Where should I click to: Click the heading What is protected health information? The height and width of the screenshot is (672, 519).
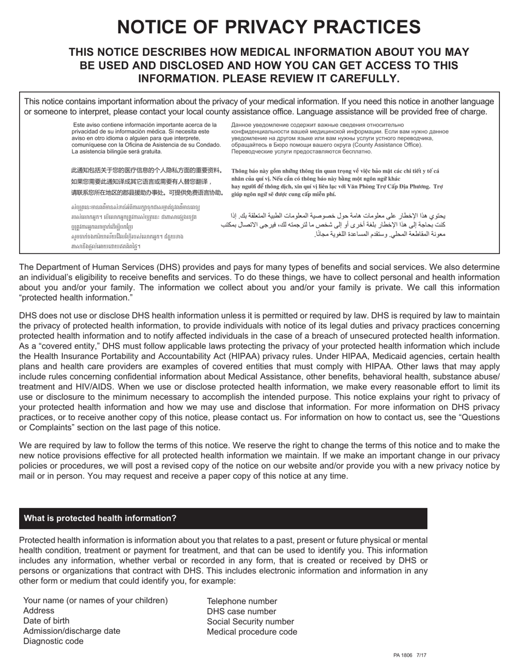(x=100, y=518)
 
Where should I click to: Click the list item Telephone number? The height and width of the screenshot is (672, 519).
(x=242, y=601)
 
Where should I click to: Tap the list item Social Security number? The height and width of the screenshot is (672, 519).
(x=250, y=622)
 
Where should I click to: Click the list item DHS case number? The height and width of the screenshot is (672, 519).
(x=241, y=611)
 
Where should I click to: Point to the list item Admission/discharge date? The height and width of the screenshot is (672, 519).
(x=72, y=632)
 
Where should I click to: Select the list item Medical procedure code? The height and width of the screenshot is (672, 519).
(x=252, y=632)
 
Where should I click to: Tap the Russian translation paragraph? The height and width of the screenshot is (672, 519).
(x=339, y=138)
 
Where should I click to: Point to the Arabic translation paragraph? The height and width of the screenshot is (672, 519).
(x=339, y=225)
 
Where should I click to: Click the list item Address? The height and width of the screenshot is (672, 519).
(x=39, y=611)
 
